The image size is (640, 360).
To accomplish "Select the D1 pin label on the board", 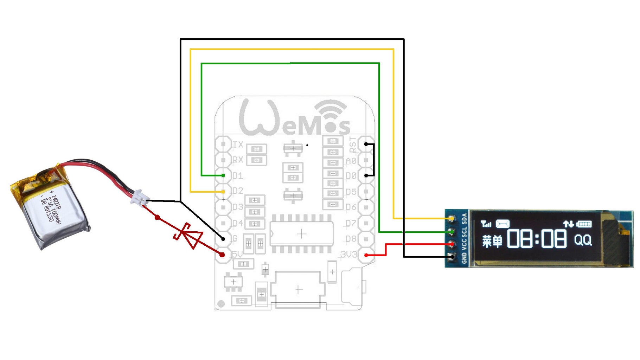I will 237,175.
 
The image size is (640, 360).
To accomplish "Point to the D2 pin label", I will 238,191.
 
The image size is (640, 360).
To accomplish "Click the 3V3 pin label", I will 348,254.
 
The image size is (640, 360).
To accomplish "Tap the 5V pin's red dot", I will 222,255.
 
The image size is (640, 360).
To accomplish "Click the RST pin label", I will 353,144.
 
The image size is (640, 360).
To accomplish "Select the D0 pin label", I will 351,175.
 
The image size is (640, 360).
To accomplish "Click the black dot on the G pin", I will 223,239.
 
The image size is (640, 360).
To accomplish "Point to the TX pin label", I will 238,144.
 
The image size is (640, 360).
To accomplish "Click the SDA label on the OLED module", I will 464,219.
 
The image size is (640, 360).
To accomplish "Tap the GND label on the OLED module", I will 464,258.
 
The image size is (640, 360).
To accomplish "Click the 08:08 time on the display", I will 537,239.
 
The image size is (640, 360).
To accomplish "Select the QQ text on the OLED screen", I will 583,240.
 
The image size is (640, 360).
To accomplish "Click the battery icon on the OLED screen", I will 584,224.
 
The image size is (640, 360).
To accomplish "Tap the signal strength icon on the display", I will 486,224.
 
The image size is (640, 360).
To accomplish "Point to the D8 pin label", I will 351,239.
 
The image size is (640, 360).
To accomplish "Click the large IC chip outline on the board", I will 302,234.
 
